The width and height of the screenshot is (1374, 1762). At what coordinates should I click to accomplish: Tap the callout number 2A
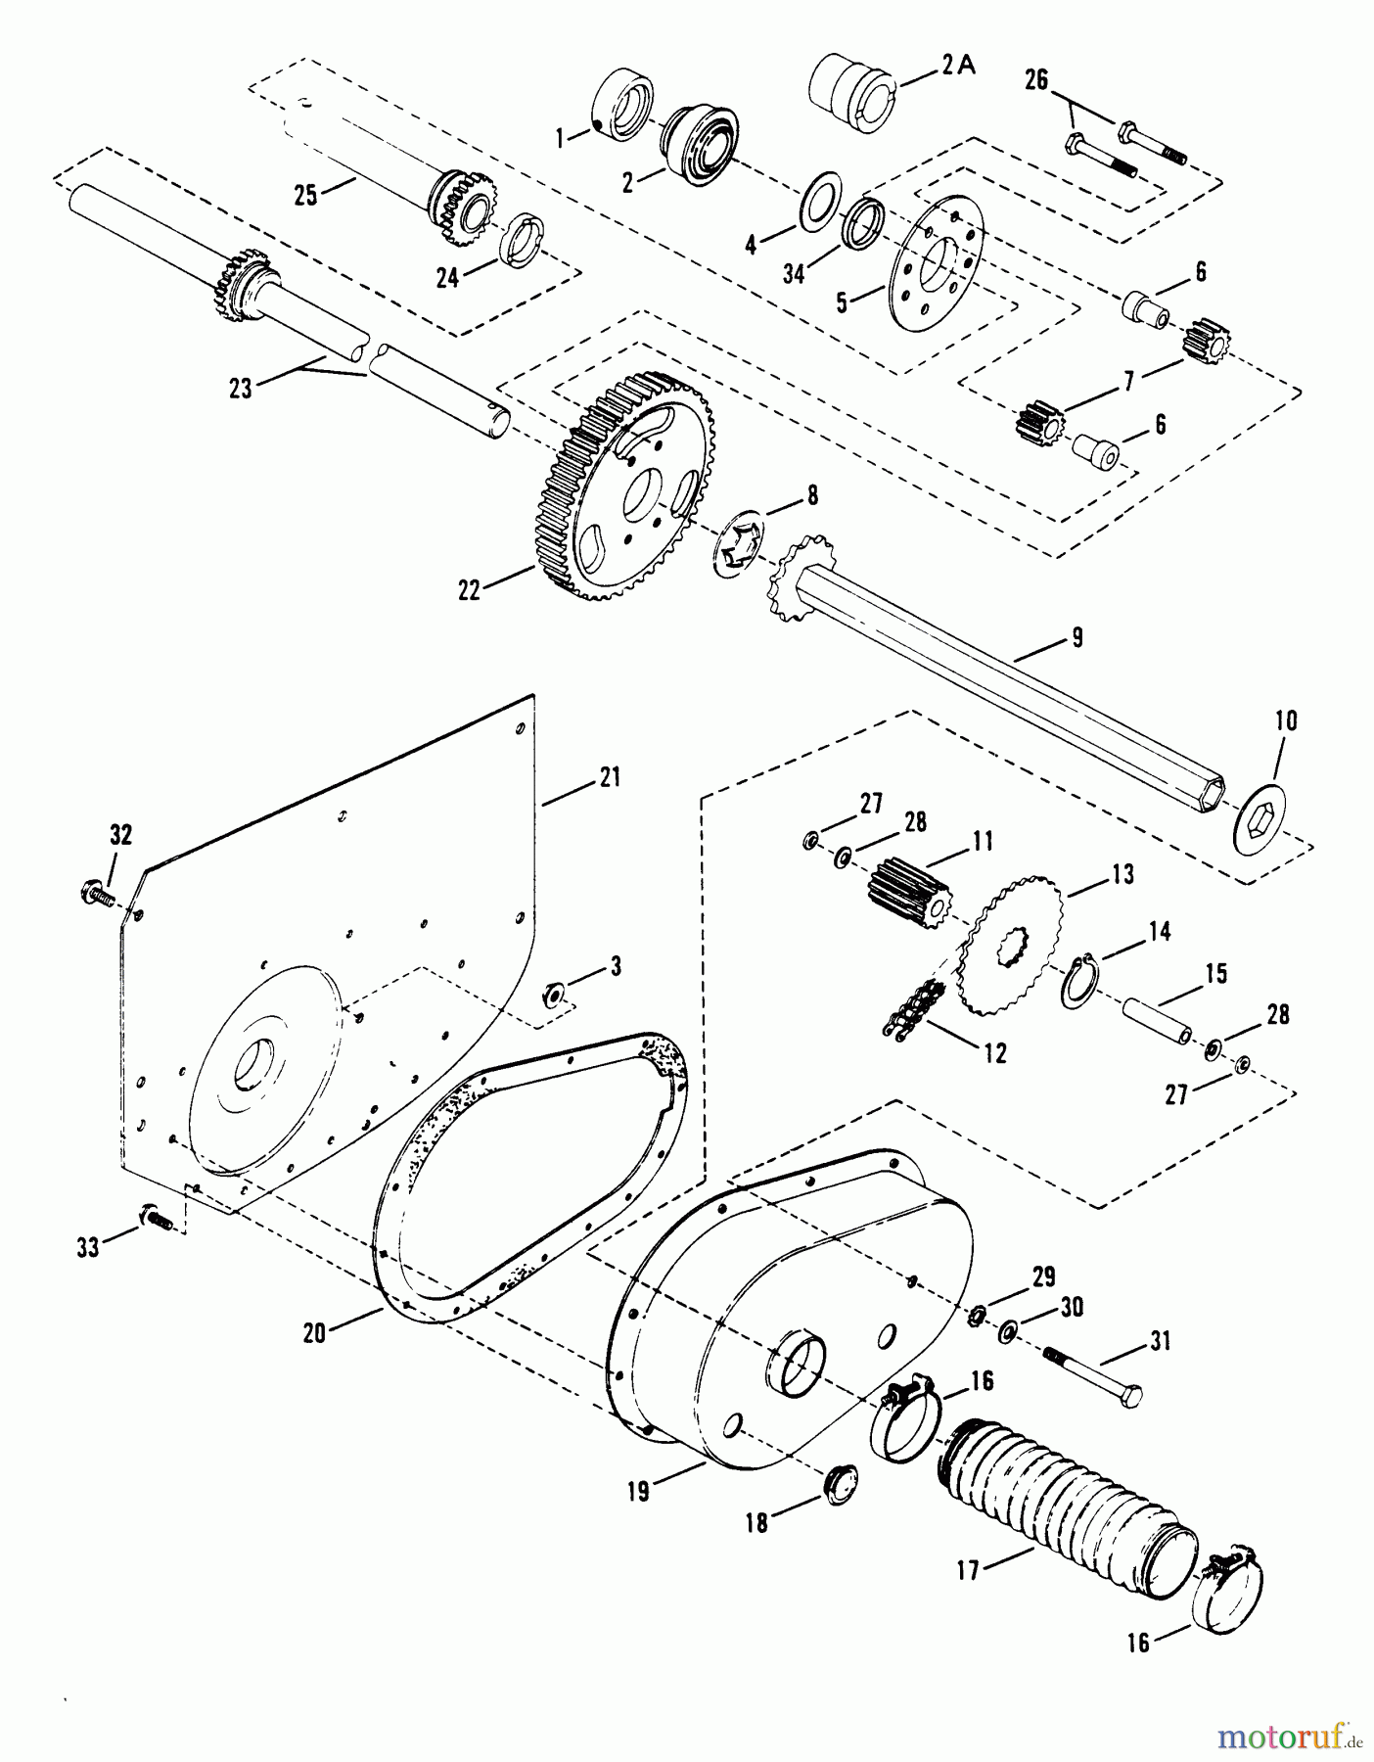(960, 65)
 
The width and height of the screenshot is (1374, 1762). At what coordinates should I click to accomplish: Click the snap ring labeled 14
(1079, 980)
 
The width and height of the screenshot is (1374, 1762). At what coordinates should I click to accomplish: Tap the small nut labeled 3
(553, 996)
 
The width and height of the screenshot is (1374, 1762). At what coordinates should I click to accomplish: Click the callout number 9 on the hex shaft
(1076, 637)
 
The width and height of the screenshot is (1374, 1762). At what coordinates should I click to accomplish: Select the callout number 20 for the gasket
(314, 1332)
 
